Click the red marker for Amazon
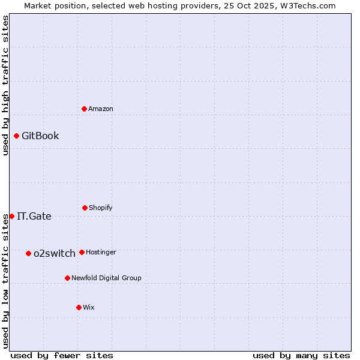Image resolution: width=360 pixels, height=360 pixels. (85, 109)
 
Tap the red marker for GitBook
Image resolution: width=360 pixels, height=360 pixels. (16, 136)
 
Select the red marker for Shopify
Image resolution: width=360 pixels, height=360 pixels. (85, 208)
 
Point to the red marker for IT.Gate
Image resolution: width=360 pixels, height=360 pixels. (11, 216)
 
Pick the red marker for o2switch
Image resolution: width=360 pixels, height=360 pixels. (28, 253)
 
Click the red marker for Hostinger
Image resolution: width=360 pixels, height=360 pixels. (82, 252)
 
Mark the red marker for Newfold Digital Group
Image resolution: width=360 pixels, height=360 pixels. (67, 278)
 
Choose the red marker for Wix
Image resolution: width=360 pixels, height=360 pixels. (79, 307)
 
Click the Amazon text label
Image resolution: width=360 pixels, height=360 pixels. (101, 109)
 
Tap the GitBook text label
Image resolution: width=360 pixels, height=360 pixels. (40, 136)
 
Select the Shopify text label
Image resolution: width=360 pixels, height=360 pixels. (101, 208)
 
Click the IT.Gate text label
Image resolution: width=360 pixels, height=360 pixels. (34, 216)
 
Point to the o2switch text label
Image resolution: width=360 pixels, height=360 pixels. (55, 253)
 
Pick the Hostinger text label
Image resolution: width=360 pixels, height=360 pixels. (101, 252)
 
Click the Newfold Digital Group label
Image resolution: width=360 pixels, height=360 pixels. (106, 278)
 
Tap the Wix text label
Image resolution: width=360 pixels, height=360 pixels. (89, 307)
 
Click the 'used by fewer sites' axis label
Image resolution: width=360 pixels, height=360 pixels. (62, 355)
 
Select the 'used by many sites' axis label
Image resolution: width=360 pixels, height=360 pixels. (301, 355)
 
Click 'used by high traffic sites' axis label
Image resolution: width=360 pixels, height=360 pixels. (5, 85)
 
